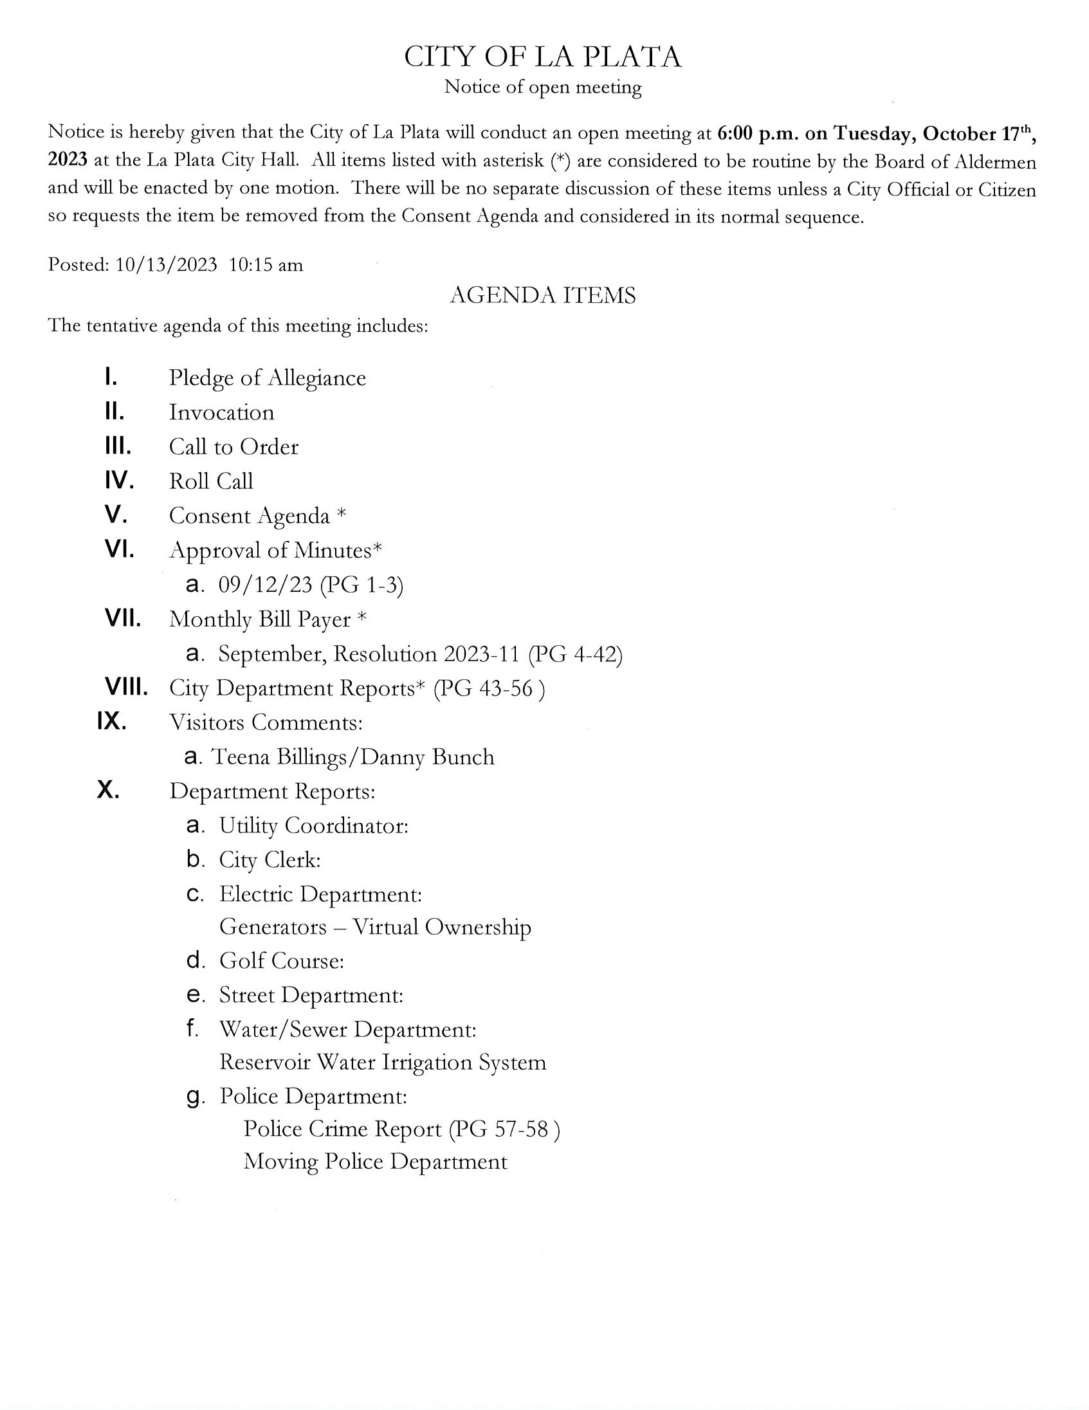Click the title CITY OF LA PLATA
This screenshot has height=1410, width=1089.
click(x=542, y=57)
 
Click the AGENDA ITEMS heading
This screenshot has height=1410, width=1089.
click(x=542, y=295)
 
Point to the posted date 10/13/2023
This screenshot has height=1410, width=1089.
click(x=166, y=266)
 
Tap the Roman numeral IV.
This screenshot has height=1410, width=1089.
click(x=119, y=481)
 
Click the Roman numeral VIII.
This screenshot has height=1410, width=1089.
click(x=127, y=688)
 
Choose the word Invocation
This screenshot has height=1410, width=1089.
click(x=221, y=412)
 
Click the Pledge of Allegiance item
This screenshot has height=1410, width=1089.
click(x=267, y=378)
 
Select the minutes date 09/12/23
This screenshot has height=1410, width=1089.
click(x=264, y=585)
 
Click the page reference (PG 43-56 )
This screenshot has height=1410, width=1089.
click(x=489, y=689)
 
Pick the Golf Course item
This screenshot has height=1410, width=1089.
click(x=282, y=961)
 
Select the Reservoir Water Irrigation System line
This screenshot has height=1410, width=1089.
click(x=383, y=1063)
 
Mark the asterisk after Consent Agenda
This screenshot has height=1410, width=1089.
click(x=342, y=515)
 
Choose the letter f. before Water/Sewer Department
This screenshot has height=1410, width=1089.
click(x=192, y=1029)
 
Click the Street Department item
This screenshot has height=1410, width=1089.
click(x=311, y=996)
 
